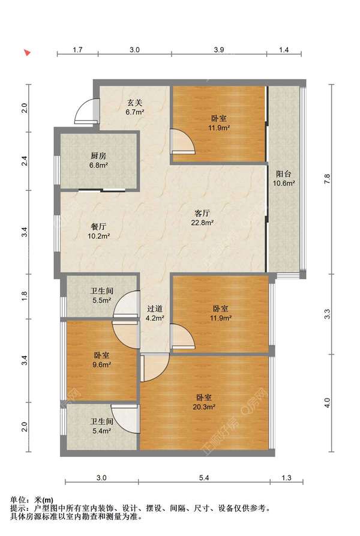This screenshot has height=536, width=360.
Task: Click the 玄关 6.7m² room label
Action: pyautogui.click(x=134, y=107)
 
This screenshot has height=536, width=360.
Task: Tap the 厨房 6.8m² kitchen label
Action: pyautogui.click(x=98, y=160)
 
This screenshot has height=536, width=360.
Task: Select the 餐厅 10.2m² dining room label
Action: pyautogui.click(x=98, y=231)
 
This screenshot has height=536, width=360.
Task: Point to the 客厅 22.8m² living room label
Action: pyautogui.click(x=202, y=218)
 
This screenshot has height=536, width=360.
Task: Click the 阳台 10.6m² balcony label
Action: pyautogui.click(x=283, y=178)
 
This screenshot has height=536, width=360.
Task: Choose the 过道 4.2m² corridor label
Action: pyautogui.click(x=155, y=313)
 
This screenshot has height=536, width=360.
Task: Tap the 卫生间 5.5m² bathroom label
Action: pyautogui.click(x=101, y=296)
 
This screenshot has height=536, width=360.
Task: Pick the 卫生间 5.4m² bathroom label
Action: pyautogui.click(x=101, y=426)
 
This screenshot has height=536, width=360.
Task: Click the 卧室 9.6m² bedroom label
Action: pyautogui.click(x=101, y=360)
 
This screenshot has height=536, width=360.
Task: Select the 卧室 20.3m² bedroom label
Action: pyautogui.click(x=204, y=402)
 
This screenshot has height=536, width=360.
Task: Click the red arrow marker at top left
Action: pyautogui.click(x=27, y=53)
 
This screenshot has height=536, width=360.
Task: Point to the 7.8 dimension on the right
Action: pyautogui.click(x=327, y=179)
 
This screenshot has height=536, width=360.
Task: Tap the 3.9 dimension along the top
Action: pyautogui.click(x=219, y=50)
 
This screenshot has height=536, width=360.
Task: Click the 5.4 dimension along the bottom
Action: pyautogui.click(x=204, y=478)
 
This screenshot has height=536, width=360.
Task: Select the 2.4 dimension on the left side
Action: pyautogui.click(x=25, y=161)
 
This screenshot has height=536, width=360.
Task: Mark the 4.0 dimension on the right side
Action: pyautogui.click(x=327, y=403)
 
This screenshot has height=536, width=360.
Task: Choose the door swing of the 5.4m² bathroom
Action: pyautogui.click(x=125, y=419)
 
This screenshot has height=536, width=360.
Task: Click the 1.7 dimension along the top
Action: pyautogui.click(x=77, y=50)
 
